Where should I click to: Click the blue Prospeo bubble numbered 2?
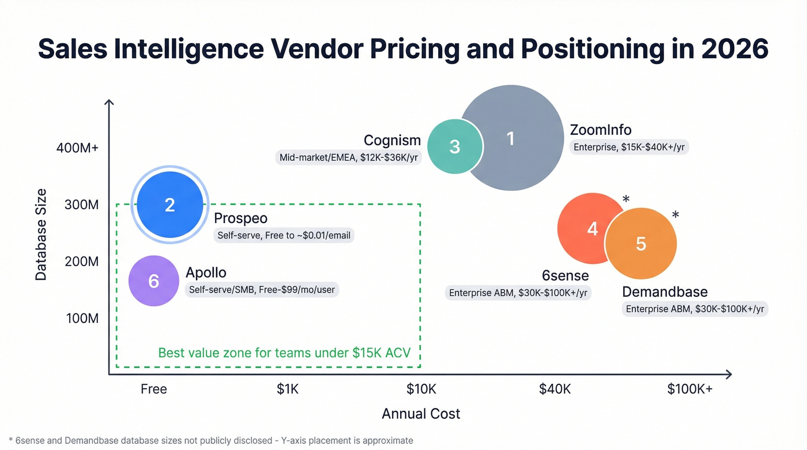pos(169,205)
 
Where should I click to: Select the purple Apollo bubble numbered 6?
pos(153,281)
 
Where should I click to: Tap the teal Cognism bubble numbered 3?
pos(454,146)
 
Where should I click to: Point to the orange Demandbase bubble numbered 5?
pos(641,244)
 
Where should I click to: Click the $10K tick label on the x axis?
pos(421,389)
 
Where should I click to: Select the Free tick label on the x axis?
pos(154,389)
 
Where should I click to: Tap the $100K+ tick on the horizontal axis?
pos(689,389)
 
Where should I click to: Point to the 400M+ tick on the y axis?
pos(77,148)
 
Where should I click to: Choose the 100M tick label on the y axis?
pos(82,318)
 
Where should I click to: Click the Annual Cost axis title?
pos(421,414)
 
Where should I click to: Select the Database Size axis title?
pos(41,235)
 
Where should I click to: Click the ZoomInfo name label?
pos(601,130)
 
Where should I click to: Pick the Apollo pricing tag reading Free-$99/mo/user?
pos(262,290)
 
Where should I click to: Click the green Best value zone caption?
pos(284,353)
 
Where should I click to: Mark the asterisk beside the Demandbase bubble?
pos(676,215)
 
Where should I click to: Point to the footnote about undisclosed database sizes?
pos(208,440)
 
